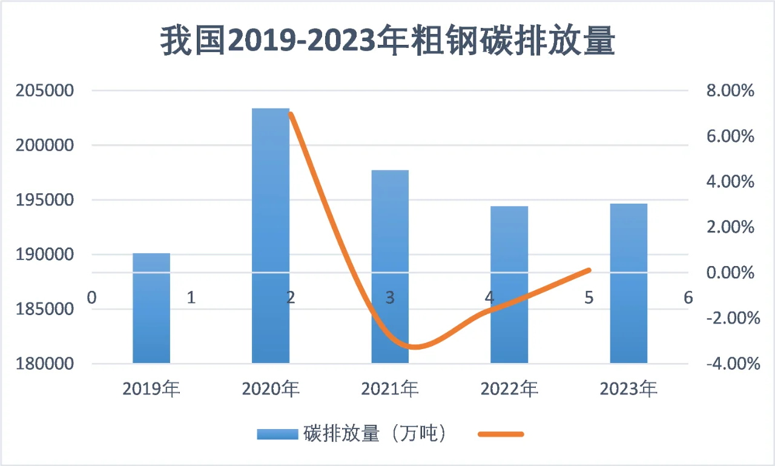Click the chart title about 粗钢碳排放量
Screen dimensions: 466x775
387,41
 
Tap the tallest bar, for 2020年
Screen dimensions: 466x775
271,236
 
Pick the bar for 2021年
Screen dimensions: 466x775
390,267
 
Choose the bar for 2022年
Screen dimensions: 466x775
509,285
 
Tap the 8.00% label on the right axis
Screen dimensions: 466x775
730,91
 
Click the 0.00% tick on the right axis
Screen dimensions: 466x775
730,273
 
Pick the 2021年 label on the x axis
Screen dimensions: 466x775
390,388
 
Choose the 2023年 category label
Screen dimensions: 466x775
628,388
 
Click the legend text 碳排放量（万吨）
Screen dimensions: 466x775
375,434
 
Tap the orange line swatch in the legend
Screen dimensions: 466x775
500,434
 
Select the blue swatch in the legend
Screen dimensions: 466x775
278,434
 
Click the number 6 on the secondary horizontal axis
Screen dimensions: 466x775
688,298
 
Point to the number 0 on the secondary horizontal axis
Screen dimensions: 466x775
92,298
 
